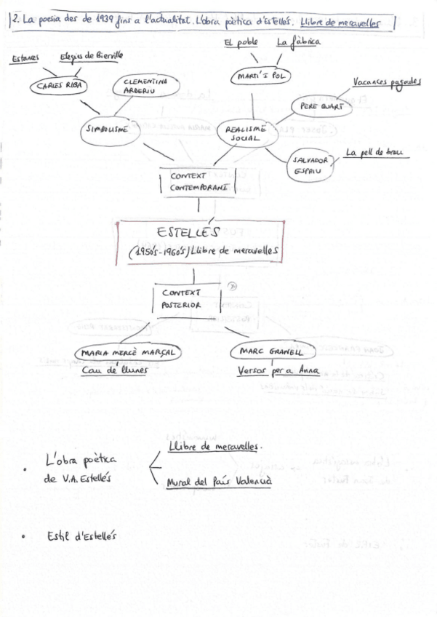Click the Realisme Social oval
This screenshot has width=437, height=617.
pyautogui.click(x=243, y=132)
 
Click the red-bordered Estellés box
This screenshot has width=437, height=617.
pyautogui.click(x=199, y=244)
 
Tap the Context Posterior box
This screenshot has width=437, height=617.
pyautogui.click(x=188, y=299)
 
